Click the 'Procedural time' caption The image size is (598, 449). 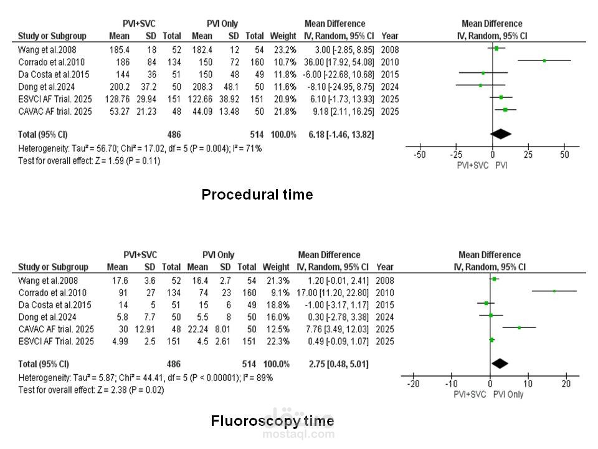(x=257, y=195)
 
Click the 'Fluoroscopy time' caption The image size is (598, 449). (x=272, y=421)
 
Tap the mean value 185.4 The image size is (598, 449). (x=118, y=49)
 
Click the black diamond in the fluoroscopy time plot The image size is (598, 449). (x=500, y=364)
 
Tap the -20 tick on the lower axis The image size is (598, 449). (x=413, y=384)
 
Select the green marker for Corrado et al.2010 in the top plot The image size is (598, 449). (x=544, y=61)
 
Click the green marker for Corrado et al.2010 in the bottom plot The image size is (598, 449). (x=554, y=291)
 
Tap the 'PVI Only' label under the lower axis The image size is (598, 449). (x=508, y=394)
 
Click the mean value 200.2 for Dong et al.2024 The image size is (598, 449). (x=118, y=87)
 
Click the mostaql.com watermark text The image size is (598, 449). (x=298, y=433)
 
